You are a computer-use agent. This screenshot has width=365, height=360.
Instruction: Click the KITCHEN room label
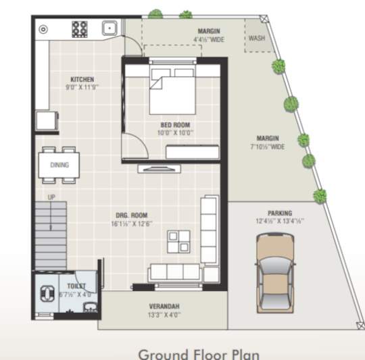coord(82,79)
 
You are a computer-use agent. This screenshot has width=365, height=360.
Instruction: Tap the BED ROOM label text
coord(175,125)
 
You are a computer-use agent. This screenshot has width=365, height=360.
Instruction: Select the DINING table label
coord(59,165)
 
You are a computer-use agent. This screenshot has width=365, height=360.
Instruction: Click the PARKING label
coord(280,212)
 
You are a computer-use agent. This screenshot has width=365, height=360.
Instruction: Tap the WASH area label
coord(256,38)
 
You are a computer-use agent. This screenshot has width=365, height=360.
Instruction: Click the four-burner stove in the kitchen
coord(80,29)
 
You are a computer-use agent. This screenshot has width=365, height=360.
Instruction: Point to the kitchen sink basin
coord(109,28)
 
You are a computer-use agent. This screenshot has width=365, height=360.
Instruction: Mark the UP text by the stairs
coord(51,197)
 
